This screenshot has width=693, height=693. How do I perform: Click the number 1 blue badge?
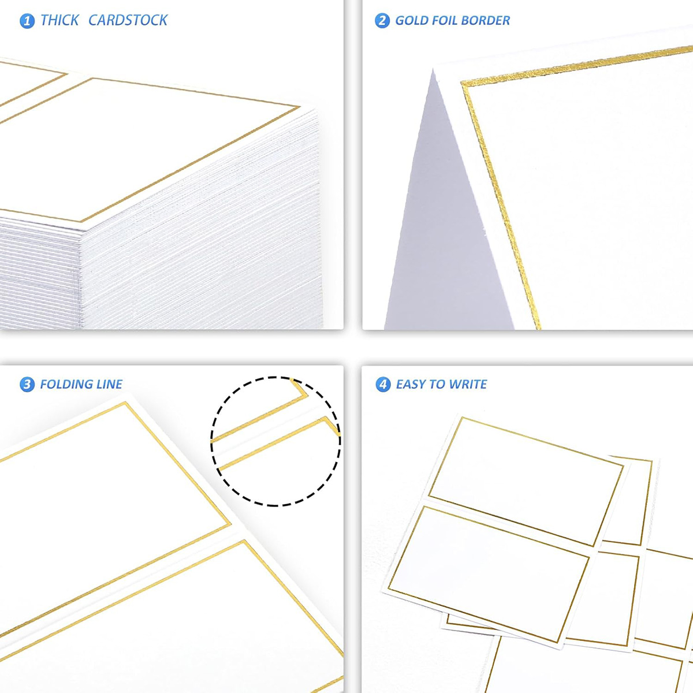pyautogui.click(x=27, y=21)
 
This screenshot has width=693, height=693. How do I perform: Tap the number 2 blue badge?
pyautogui.click(x=382, y=20)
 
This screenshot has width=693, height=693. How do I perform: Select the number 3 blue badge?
pyautogui.click(x=27, y=384)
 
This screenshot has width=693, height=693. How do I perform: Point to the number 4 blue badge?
pyautogui.click(x=383, y=384)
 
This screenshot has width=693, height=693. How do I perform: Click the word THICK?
pyautogui.click(x=59, y=20)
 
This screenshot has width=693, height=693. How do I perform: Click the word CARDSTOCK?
pyautogui.click(x=128, y=20)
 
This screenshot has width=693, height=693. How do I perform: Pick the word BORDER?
pyautogui.click(x=485, y=20)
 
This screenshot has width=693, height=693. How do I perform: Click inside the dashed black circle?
pyautogui.click(x=275, y=441)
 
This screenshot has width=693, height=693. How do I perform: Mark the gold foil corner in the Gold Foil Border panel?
pyautogui.click(x=463, y=83)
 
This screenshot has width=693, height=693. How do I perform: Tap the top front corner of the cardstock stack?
pyautogui.click(x=83, y=230)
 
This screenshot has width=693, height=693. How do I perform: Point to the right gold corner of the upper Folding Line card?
pyautogui.click(x=229, y=524)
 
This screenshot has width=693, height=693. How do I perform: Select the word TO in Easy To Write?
pyautogui.click(x=438, y=384)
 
